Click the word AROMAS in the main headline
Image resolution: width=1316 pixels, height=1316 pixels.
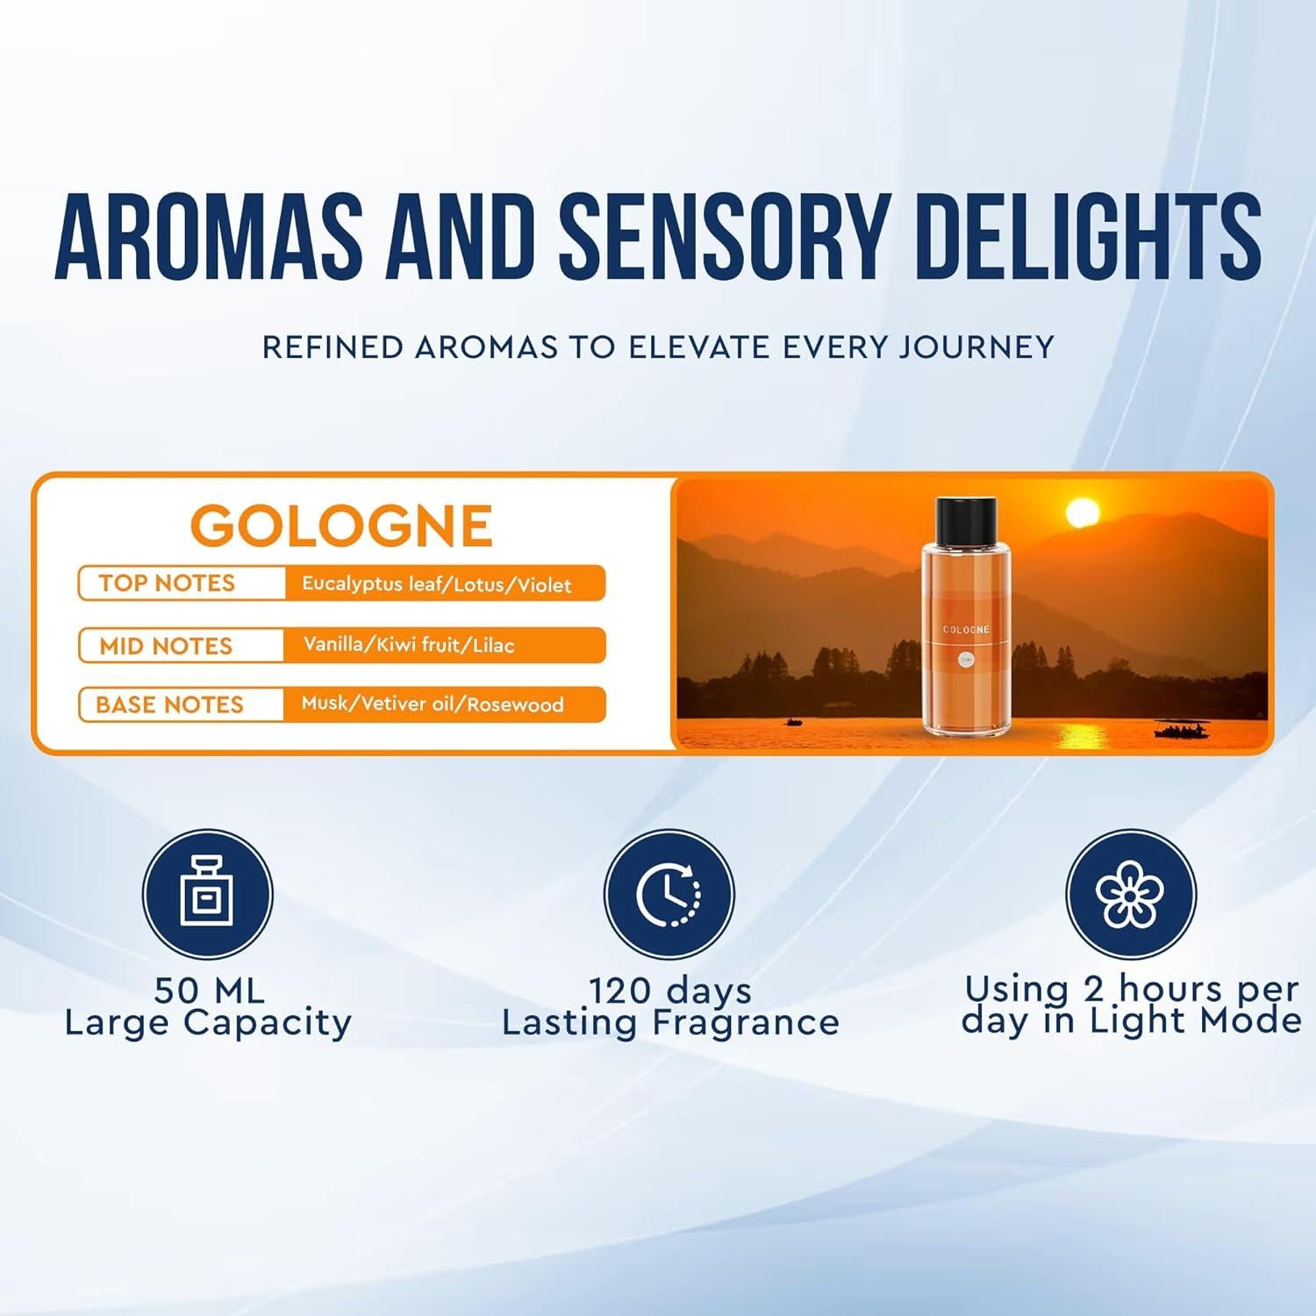coord(209,234)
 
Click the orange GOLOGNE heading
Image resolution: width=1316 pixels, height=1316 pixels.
coord(341,526)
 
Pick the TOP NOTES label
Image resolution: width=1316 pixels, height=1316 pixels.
coord(167,583)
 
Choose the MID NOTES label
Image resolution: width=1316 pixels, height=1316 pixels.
coord(166,647)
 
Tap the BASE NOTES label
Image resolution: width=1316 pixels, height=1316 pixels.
coord(169,704)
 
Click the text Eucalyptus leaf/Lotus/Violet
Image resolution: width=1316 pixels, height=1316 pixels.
coord(436,584)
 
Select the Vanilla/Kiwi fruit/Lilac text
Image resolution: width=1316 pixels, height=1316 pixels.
coord(409,645)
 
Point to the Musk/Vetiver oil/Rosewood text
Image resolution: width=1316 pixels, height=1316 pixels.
coord(433,704)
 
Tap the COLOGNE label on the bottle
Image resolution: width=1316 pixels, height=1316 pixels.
coord(966,630)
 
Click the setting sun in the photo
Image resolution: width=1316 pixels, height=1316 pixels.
coord(1082,513)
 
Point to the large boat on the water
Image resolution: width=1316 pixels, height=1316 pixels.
coord(1181,729)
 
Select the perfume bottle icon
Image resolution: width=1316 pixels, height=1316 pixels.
coord(208,892)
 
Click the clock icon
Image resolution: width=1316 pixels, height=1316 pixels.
coord(669,894)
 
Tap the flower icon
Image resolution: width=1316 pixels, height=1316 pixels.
coord(1130,894)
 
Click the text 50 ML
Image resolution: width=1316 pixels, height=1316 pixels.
coord(209,991)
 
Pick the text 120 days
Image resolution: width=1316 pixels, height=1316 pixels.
coord(670,991)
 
